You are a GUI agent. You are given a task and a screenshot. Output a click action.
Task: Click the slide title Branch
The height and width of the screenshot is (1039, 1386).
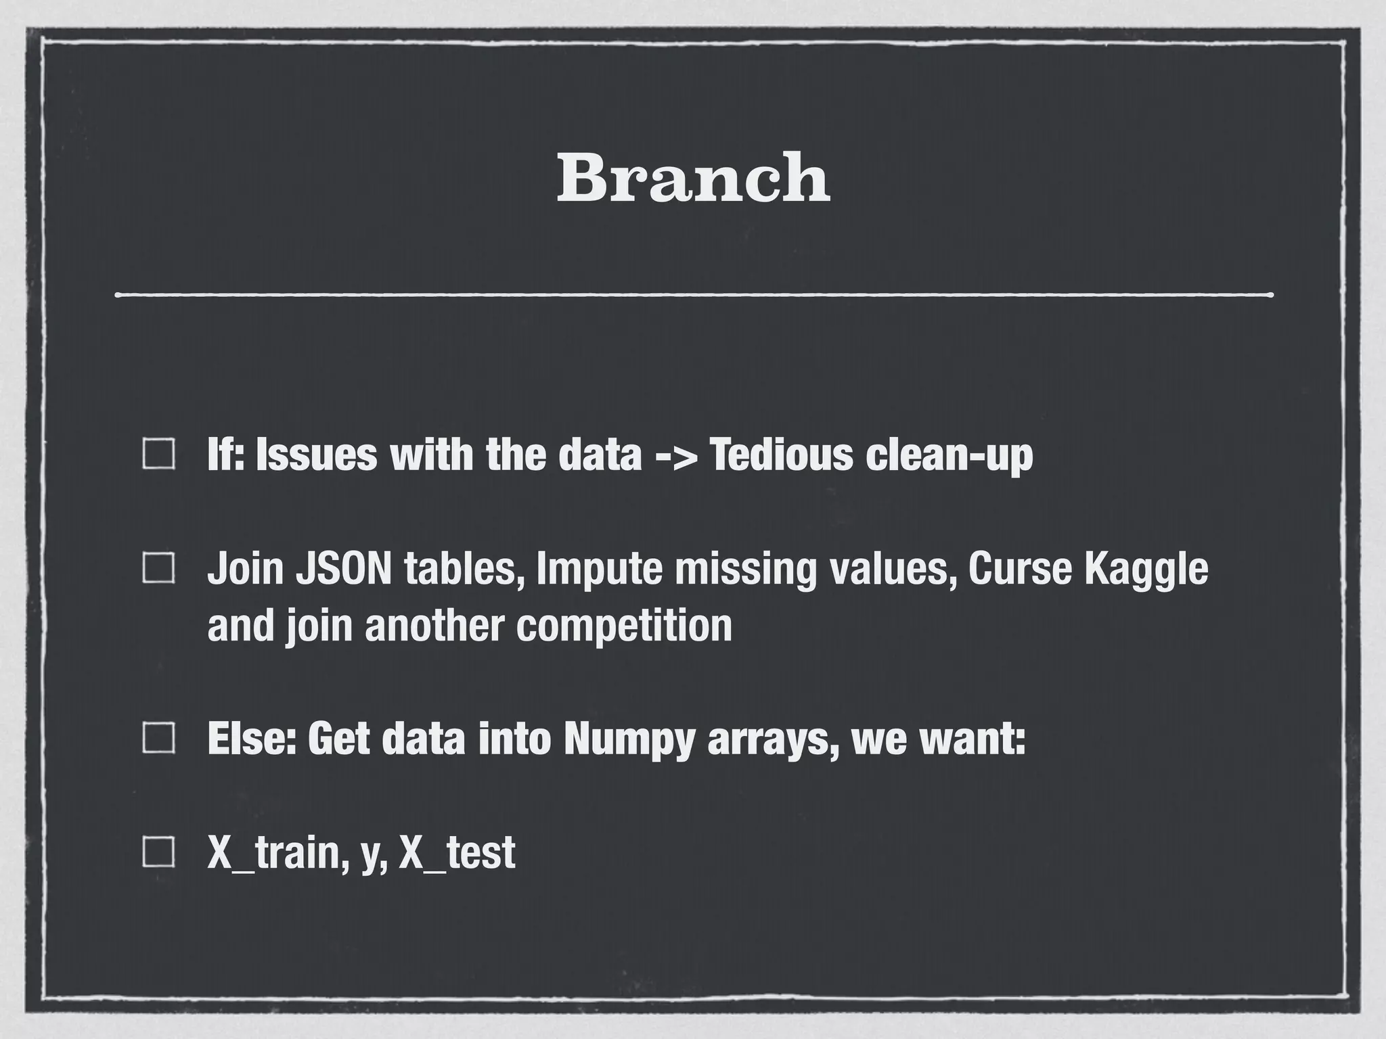(693, 177)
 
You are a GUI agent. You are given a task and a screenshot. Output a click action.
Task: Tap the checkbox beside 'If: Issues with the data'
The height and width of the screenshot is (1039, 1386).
(159, 454)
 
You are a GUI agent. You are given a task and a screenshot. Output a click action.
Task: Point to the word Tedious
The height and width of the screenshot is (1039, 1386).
(780, 455)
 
